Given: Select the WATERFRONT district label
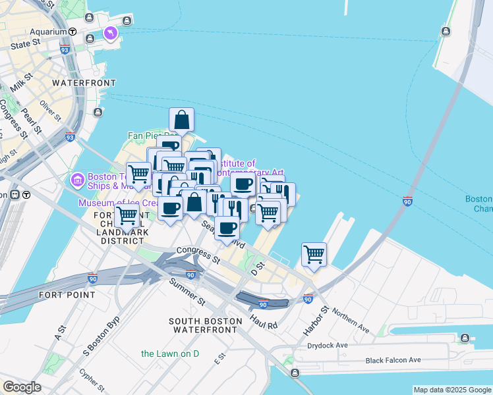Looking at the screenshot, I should pos(84,83).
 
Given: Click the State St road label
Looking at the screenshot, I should pos(26,45).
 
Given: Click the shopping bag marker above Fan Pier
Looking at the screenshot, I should pos(181,120).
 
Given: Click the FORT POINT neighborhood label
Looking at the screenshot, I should pos(67,295).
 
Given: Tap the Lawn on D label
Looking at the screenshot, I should pos(170,354).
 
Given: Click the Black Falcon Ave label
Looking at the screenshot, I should pos(393,360).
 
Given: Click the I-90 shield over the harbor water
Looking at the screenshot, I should pos(407,201).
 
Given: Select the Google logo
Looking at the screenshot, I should pos(22,387).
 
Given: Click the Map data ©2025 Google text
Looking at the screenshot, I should pos(452,390).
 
